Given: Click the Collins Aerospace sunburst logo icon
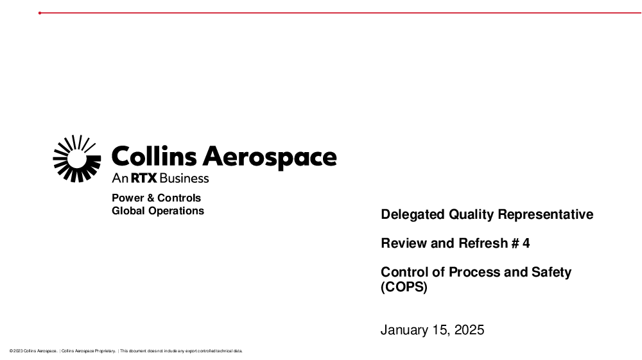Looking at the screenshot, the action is pyautogui.click(x=77, y=159).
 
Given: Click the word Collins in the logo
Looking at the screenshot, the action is pyautogui.click(x=154, y=156).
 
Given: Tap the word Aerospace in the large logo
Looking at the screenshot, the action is pyautogui.click(x=270, y=157).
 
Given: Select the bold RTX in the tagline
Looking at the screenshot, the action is pyautogui.click(x=144, y=178).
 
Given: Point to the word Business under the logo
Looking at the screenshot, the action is pyautogui.click(x=184, y=178).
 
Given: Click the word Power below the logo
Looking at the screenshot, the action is pyautogui.click(x=128, y=198).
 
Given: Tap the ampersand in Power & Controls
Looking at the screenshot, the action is pyautogui.click(x=150, y=198).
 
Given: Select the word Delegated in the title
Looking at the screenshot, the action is pyautogui.click(x=413, y=215).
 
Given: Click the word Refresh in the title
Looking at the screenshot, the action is pyautogui.click(x=483, y=243).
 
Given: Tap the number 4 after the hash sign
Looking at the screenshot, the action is pyautogui.click(x=526, y=243).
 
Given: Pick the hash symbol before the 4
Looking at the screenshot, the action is pyautogui.click(x=515, y=243).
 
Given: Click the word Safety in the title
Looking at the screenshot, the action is pyautogui.click(x=551, y=273).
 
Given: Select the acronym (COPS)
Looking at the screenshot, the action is pyautogui.click(x=404, y=287).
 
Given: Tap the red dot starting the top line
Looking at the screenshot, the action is pyautogui.click(x=40, y=13).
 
